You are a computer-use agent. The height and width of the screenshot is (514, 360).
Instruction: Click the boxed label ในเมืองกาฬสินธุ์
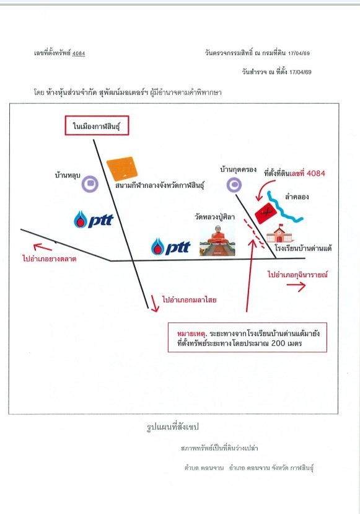click(97, 125)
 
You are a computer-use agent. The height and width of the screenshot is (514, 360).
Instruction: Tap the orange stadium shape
click(122, 169)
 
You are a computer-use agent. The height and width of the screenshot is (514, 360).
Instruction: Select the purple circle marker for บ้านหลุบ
click(90, 184)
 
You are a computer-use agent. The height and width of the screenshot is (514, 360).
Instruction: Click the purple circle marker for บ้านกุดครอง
click(234, 185)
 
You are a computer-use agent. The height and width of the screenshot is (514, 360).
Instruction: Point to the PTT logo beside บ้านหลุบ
click(94, 219)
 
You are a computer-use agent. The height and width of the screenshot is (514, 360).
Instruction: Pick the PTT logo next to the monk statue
click(170, 247)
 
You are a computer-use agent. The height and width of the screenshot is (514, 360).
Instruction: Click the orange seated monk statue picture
click(217, 241)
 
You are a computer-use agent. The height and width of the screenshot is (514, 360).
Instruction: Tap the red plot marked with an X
click(266, 213)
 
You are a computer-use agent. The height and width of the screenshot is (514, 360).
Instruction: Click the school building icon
click(279, 233)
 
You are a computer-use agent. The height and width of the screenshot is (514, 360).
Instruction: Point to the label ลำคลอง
click(297, 197)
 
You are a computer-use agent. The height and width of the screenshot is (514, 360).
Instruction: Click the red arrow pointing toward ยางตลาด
click(43, 247)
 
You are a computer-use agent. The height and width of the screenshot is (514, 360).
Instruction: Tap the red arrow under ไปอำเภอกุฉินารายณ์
click(296, 286)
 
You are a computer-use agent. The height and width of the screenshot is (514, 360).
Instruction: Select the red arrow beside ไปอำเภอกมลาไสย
click(155, 303)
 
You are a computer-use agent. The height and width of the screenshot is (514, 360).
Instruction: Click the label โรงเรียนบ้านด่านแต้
click(303, 248)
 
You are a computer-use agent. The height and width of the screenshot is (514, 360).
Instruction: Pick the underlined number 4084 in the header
click(79, 53)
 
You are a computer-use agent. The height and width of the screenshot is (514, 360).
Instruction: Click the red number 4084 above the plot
click(316, 173)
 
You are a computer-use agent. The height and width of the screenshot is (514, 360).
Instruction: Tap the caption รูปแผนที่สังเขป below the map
click(173, 427)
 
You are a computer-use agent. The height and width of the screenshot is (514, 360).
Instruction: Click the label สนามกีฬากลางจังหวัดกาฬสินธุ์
click(160, 186)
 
